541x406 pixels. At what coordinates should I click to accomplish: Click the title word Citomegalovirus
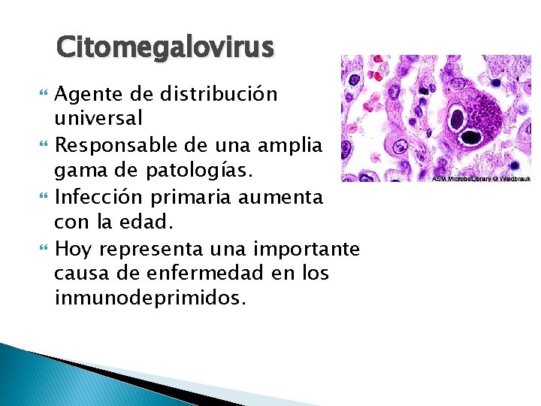click(165, 47)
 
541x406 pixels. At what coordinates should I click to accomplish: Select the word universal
click(98, 119)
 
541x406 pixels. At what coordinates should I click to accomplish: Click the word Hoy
click(74, 248)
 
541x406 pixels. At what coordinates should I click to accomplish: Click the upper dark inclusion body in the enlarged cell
click(456, 117)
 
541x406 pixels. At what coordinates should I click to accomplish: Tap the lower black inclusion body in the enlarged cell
click(471, 138)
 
